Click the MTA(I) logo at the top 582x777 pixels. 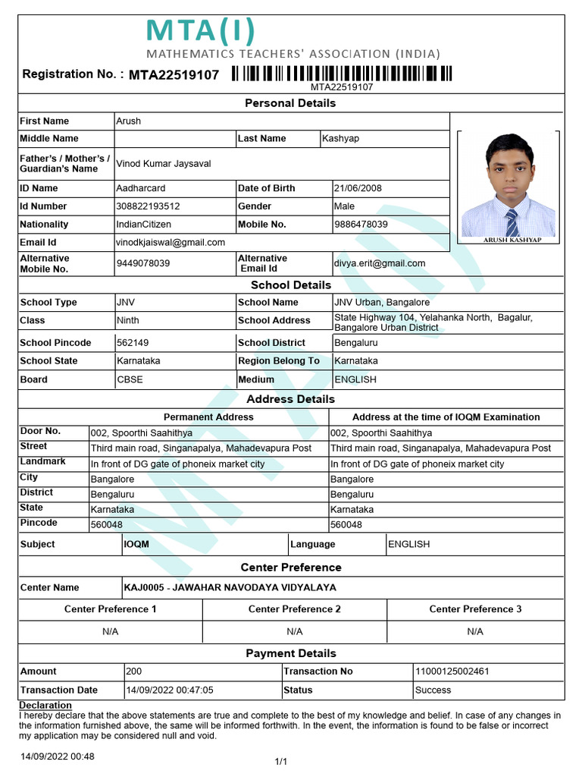[x=200, y=32]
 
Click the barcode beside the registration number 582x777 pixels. [x=342, y=74]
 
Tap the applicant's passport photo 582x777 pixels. [x=508, y=185]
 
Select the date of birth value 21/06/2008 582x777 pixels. [x=358, y=188]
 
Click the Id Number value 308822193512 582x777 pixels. [x=148, y=206]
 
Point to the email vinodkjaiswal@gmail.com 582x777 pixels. [x=171, y=243]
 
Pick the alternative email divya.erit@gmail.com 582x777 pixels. [x=380, y=263]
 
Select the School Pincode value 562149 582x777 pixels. [x=133, y=343]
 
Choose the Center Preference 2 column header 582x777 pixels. [x=295, y=609]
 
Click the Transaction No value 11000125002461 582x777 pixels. [x=452, y=672]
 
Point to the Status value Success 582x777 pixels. [x=433, y=690]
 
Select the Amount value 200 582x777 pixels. [x=133, y=672]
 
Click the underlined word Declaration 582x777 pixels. [x=45, y=706]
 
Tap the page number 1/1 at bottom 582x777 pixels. [x=280, y=761]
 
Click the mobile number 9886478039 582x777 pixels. [x=361, y=225]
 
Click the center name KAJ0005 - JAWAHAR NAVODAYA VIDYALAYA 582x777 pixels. [x=230, y=587]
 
